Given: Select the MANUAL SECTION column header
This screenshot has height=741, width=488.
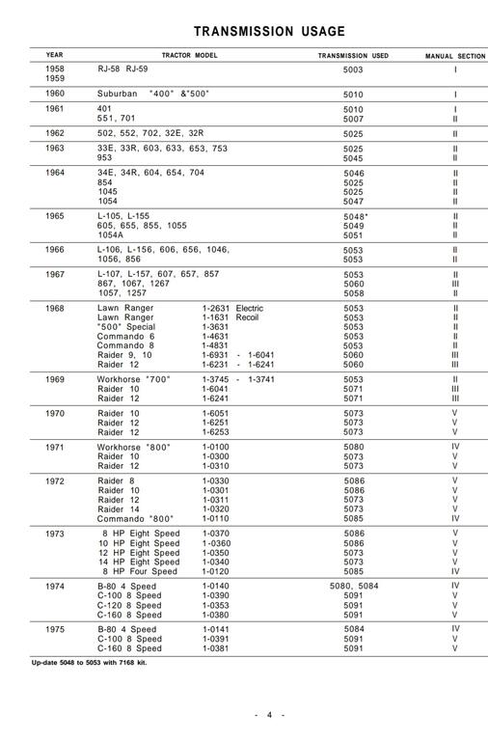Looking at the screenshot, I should (x=455, y=56).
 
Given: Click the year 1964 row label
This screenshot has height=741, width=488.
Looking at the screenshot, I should (x=55, y=172).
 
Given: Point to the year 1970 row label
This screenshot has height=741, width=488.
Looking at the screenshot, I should (x=55, y=412).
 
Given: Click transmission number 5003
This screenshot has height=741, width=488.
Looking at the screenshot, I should (x=354, y=70).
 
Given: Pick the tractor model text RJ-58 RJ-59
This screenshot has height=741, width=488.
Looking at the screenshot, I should (x=127, y=70).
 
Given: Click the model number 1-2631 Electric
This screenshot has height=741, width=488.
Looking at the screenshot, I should (x=232, y=309).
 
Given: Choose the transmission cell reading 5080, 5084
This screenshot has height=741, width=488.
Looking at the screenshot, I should (x=354, y=585).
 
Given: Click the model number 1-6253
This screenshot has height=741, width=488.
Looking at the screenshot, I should (x=217, y=431).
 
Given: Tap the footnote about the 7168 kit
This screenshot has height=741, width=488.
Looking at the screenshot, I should (x=95, y=662).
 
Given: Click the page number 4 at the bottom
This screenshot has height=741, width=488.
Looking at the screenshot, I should (x=270, y=714).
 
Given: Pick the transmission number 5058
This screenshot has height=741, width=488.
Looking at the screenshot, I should (x=354, y=292).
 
